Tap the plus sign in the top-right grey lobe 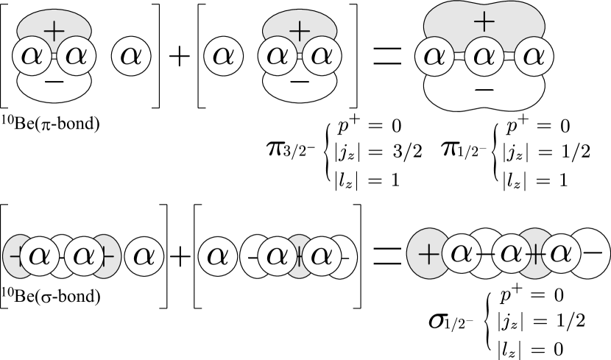point(483,21)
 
